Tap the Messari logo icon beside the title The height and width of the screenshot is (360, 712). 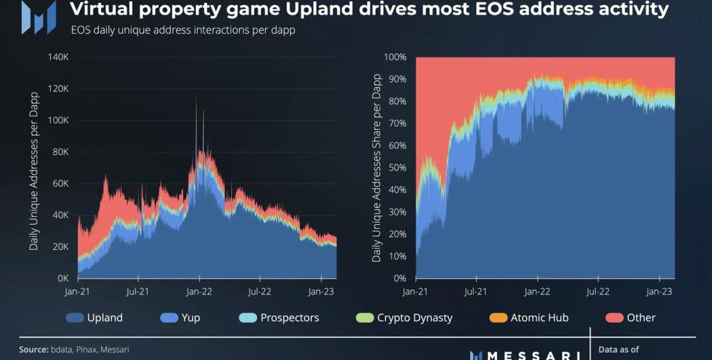[38, 18]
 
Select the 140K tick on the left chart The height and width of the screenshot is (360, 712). [58, 57]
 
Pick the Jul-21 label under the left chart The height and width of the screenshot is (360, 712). [137, 291]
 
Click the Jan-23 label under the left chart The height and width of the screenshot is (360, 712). [321, 291]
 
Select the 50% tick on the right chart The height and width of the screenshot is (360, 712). [397, 167]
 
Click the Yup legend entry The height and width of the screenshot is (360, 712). [180, 318]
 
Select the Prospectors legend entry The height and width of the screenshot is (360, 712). [280, 318]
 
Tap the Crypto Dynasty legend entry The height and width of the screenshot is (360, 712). [405, 318]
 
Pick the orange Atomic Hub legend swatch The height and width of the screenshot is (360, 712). [499, 318]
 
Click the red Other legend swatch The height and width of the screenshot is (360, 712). [615, 318]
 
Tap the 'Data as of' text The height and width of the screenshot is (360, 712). [618, 349]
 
